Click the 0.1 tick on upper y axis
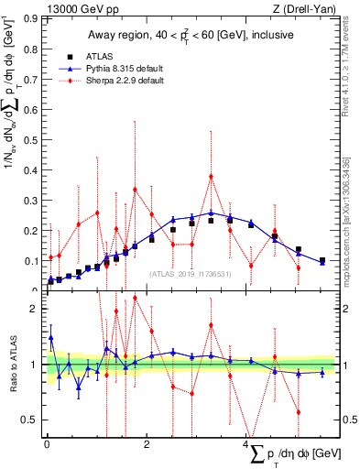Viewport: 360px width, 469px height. tap(34, 262)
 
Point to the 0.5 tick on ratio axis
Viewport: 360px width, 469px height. tap(35, 420)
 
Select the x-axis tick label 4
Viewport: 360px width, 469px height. tap(247, 445)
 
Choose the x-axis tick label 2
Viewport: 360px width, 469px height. tap(147, 445)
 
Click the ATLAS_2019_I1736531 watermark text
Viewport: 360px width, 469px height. tap(191, 273)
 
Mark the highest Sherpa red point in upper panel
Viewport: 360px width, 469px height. tap(211, 176)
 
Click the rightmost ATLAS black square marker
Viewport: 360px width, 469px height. tap(322, 261)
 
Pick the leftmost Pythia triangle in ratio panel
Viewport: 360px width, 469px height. tap(50, 337)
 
